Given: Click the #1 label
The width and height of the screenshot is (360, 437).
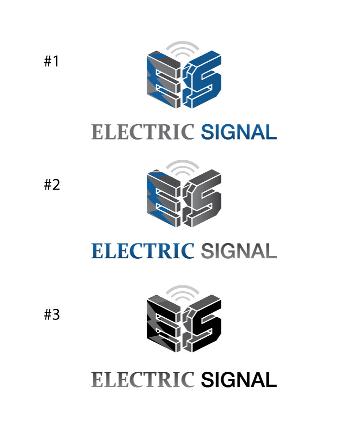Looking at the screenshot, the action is [x=52, y=61].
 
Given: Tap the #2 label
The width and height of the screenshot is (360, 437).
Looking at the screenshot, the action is [x=52, y=185].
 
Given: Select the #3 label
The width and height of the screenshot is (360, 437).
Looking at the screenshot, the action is [x=52, y=315].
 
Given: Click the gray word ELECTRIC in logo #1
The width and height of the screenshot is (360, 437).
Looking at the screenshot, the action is [x=143, y=132].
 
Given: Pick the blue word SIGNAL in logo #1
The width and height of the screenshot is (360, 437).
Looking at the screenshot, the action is [x=239, y=132].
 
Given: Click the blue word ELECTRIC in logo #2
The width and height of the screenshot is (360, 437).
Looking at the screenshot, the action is [x=143, y=251].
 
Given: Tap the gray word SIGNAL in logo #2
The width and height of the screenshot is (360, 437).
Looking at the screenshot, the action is [x=239, y=251].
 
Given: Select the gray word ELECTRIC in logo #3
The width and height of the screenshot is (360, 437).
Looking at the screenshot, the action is [x=143, y=379].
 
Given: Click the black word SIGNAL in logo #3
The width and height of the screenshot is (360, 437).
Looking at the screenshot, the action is [x=239, y=379].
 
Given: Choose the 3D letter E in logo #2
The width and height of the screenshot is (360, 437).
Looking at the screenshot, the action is [x=164, y=198].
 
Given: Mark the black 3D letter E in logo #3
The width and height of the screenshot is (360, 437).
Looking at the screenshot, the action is [x=164, y=323].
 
